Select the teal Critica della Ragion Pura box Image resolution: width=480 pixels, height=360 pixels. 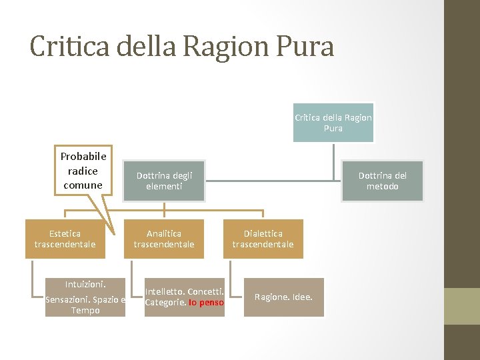(333, 123)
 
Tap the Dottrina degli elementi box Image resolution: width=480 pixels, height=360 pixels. (164, 181)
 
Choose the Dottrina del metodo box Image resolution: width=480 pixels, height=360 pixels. (382, 181)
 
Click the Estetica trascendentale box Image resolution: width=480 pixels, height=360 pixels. (65, 239)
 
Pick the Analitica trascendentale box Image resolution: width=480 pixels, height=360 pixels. (164, 239)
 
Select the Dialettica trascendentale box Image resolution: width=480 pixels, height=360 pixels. (263, 239)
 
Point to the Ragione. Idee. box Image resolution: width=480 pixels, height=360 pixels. (283, 297)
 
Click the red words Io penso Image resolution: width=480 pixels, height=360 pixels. (206, 303)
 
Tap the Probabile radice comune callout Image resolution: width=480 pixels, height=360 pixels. (83, 171)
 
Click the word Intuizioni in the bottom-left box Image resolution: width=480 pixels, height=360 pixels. (85, 283)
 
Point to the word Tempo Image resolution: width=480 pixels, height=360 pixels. (85, 311)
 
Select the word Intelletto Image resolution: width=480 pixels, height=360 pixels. (165, 291)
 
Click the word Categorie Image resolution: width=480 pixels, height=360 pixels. (165, 303)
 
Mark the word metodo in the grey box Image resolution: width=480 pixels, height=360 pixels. (382, 187)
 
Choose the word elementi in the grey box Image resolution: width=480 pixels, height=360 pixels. (164, 187)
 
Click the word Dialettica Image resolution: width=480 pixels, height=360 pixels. (263, 233)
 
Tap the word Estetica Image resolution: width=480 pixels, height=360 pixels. (65, 233)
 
